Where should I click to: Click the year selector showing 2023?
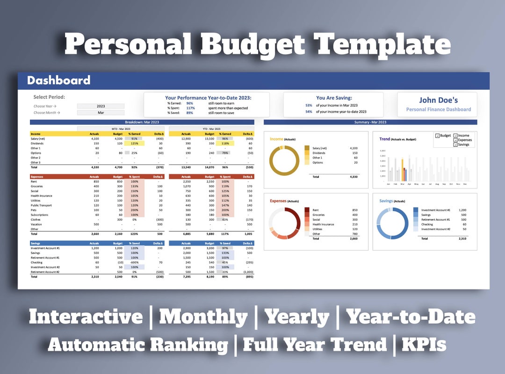pyautogui.click(x=101, y=106)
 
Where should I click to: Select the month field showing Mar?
pyautogui.click(x=101, y=113)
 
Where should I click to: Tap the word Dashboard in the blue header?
pyautogui.click(x=58, y=80)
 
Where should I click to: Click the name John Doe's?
pyautogui.click(x=438, y=100)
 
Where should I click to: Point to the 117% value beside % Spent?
pyautogui.click(x=190, y=108)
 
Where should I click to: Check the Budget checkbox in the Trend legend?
pyautogui.click(x=437, y=136)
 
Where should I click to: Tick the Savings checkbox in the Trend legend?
pyautogui.click(x=455, y=144)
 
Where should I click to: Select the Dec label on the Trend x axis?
pyautogui.click(x=465, y=184)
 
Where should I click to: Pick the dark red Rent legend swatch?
pyautogui.click(x=307, y=210)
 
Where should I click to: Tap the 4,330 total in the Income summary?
pyautogui.click(x=353, y=177)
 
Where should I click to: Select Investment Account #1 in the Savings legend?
pyautogui.click(x=435, y=210)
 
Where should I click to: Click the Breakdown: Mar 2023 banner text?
pyautogui.click(x=142, y=122)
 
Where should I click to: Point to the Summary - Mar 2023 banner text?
pyautogui.click(x=370, y=122)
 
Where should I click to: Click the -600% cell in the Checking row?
pyautogui.click(x=134, y=262)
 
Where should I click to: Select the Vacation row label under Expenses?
pyautogui.click(x=36, y=224)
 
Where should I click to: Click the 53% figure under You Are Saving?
pyautogui.click(x=309, y=106)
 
